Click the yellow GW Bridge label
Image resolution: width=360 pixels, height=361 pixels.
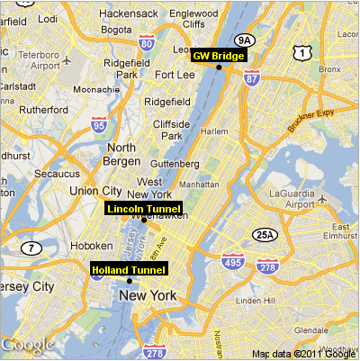pos(218,55)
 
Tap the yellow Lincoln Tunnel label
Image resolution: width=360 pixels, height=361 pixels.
pos(144,209)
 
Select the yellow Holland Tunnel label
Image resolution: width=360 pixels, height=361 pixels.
pos(130,269)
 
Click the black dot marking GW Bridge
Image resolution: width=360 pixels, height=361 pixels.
pos(219,67)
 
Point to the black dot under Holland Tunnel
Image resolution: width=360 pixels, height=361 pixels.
pos(130,281)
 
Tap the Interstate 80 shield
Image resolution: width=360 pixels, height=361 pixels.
pos(147,43)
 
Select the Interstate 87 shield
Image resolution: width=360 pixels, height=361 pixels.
pos(252,78)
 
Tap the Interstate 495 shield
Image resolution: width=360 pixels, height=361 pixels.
pos(232,262)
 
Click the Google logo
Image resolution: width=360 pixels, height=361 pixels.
pos(27,344)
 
